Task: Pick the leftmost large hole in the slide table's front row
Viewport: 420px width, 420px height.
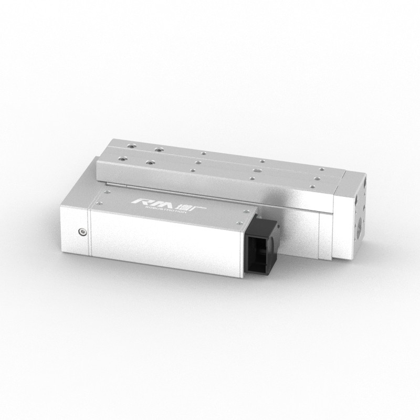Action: pyautogui.click(x=122, y=157)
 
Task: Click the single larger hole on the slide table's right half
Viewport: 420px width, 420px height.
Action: pyautogui.click(x=256, y=171)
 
